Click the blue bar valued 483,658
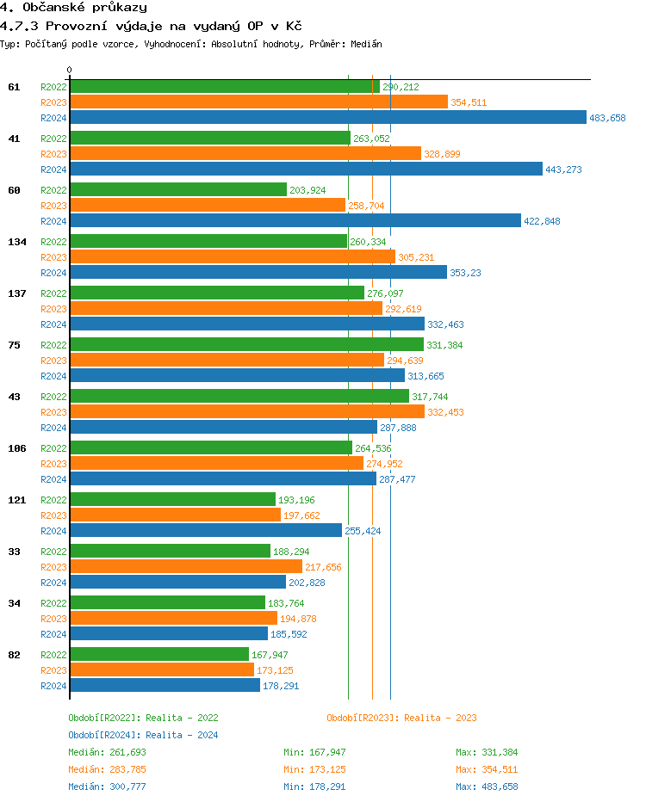point(327,118)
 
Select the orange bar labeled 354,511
point(258,102)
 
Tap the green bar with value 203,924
point(177,190)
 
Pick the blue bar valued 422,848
point(295,221)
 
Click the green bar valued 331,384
point(246,345)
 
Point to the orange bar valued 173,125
point(162,670)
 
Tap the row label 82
point(14,655)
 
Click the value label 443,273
point(563,170)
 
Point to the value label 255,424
point(363,531)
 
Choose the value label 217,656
point(323,567)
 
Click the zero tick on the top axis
point(70,70)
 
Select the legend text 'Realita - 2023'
point(440,718)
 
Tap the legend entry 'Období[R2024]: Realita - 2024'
point(143,735)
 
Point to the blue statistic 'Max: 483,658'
point(487,787)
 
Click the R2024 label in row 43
point(53,428)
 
